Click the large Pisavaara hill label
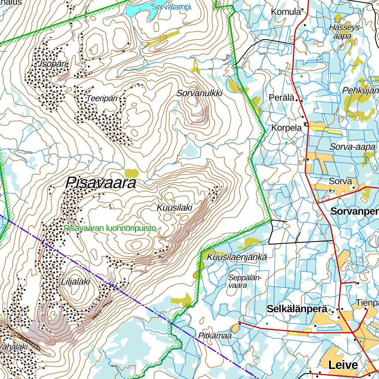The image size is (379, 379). [101, 183]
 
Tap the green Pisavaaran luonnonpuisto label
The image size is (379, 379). [110, 228]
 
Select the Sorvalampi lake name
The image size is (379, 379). [171, 7]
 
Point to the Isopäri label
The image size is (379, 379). [54, 64]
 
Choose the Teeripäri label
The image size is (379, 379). [102, 98]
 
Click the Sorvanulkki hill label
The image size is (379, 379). [199, 93]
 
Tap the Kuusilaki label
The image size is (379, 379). [174, 208]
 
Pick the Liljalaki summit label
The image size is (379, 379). [76, 282]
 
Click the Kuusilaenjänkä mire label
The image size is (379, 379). [237, 257]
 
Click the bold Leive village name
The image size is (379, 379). [343, 365]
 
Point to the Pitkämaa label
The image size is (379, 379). [215, 336]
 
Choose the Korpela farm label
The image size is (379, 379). [286, 128]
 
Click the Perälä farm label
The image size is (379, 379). [282, 98]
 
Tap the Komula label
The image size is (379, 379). [286, 12]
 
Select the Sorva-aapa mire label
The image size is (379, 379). [352, 147]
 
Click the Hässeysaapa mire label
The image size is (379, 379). [346, 31]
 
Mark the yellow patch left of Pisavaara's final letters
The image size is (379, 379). [131, 173]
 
